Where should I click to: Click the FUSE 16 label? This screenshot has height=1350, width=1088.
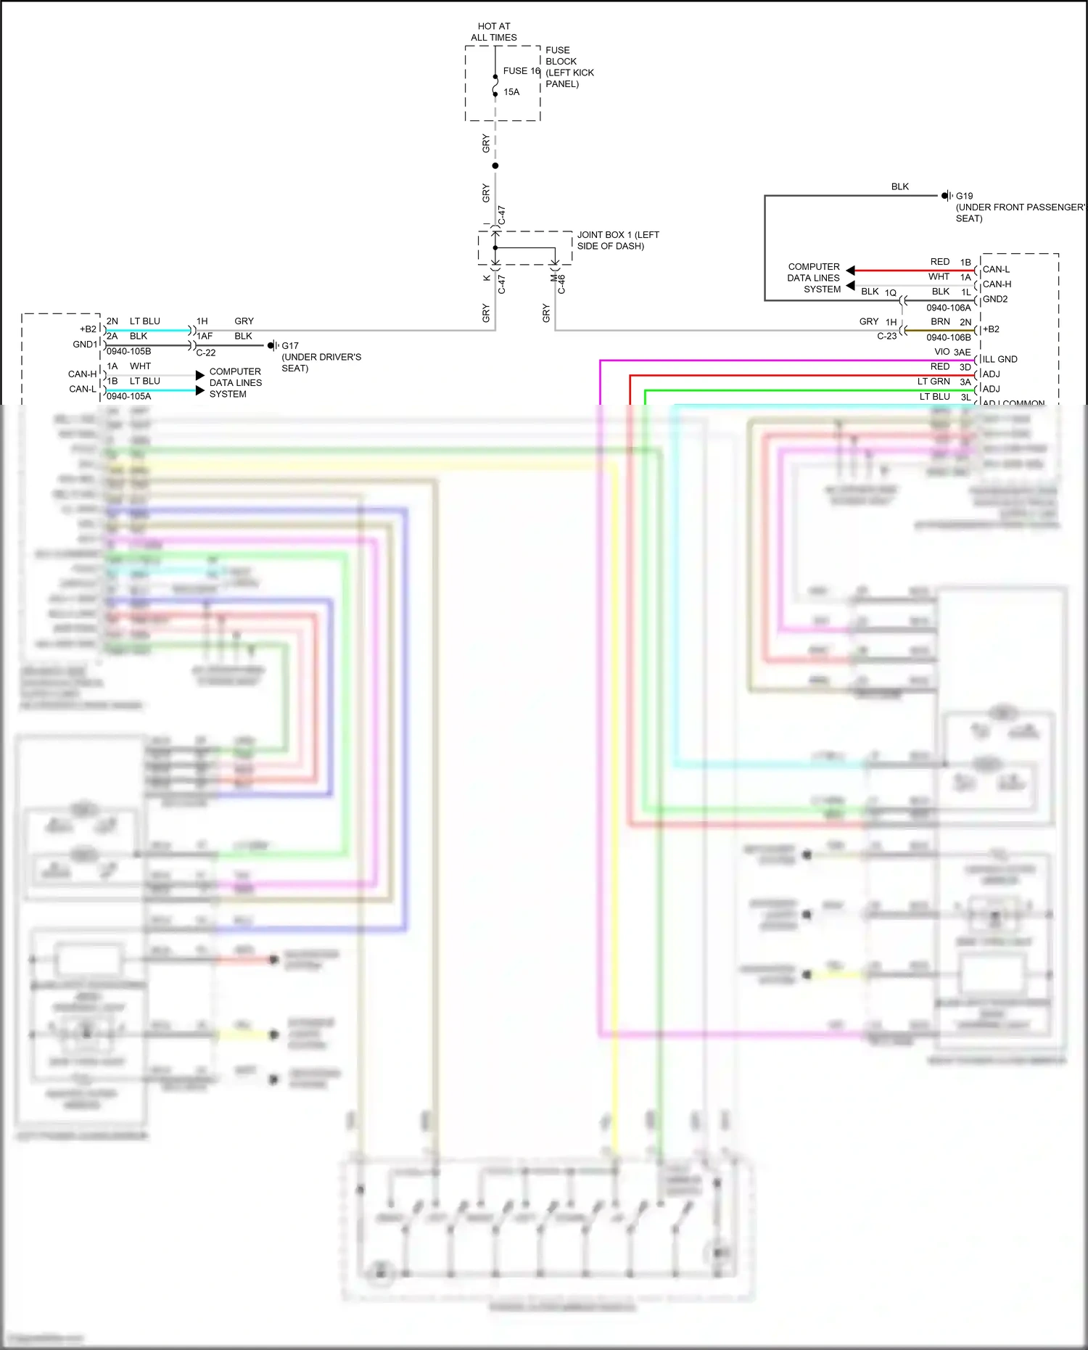[x=521, y=71]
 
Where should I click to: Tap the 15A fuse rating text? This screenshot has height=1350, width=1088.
[x=511, y=92]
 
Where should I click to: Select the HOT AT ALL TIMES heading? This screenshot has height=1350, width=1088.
[x=494, y=32]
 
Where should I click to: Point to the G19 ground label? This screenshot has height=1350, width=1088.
[x=964, y=196]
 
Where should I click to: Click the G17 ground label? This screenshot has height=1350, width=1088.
[x=290, y=346]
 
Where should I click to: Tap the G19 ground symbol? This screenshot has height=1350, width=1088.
[x=947, y=196]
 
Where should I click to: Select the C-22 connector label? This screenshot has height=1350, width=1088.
[x=206, y=353]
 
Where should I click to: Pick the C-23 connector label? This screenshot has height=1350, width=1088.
[x=886, y=337]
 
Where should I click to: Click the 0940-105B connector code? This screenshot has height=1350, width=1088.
[x=129, y=351]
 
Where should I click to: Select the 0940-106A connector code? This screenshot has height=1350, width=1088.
[x=948, y=308]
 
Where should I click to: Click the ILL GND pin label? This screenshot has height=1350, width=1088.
[x=1000, y=359]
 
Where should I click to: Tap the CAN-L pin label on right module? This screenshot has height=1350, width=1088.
[x=996, y=269]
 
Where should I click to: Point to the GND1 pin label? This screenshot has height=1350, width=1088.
[x=85, y=345]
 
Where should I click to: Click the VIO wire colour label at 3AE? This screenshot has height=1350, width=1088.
[x=942, y=352]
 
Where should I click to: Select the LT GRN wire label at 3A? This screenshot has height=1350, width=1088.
[x=934, y=382]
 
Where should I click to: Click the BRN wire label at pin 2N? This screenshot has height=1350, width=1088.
[x=940, y=322]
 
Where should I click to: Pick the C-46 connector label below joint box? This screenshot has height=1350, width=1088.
[x=561, y=284]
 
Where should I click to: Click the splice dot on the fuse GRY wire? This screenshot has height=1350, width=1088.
[x=495, y=166]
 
